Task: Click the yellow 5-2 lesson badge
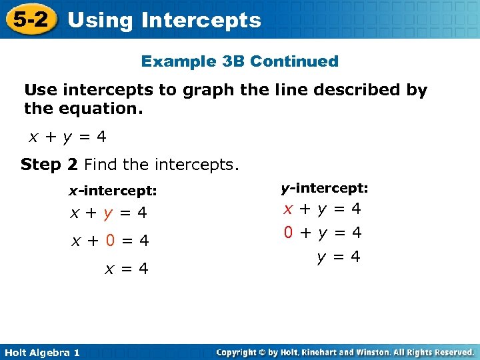pyautogui.click(x=30, y=19)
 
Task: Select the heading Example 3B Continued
pyautogui.click(x=239, y=61)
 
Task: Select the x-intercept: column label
pyautogui.click(x=113, y=191)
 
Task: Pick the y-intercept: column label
pyautogui.click(x=324, y=189)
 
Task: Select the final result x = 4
pyautogui.click(x=125, y=269)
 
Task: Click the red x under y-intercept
pyautogui.click(x=288, y=209)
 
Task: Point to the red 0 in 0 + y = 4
pyautogui.click(x=288, y=233)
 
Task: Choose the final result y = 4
pyautogui.click(x=338, y=257)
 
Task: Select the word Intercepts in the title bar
pyautogui.click(x=201, y=20)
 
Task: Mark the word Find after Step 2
pyautogui.click(x=103, y=164)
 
